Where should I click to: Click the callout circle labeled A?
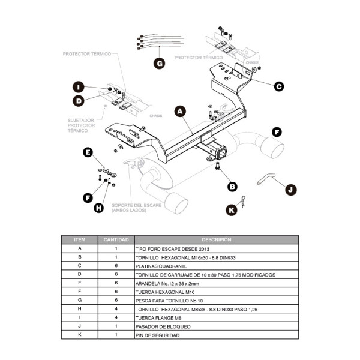[x=179, y=111]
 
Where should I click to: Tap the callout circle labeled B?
[x=232, y=187]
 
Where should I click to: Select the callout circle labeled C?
[x=278, y=86]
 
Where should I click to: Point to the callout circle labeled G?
[x=159, y=63]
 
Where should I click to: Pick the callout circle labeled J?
[x=290, y=190]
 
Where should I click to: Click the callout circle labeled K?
[x=231, y=209]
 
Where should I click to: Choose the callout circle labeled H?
[x=98, y=208]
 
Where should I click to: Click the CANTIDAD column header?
[x=116, y=239]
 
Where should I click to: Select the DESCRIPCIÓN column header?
[x=216, y=239]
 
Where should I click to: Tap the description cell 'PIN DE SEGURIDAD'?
[x=157, y=335]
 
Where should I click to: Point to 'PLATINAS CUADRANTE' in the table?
[x=161, y=265]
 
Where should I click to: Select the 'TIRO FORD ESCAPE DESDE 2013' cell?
[x=170, y=248]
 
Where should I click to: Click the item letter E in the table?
[x=79, y=283]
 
